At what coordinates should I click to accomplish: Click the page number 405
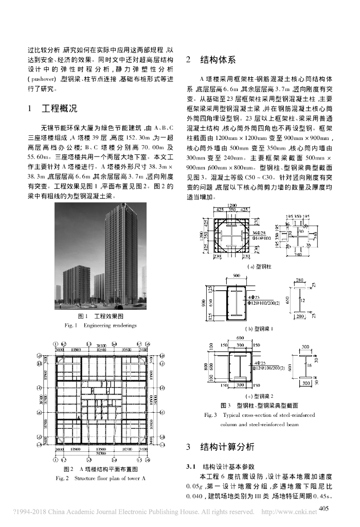coord(323,508)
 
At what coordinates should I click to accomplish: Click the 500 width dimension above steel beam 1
coord(237,276)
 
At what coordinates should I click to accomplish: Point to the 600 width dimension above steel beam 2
coord(239,338)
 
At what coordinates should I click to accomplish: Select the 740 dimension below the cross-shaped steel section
coord(298,254)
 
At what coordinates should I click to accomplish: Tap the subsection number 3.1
coord(192,467)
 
